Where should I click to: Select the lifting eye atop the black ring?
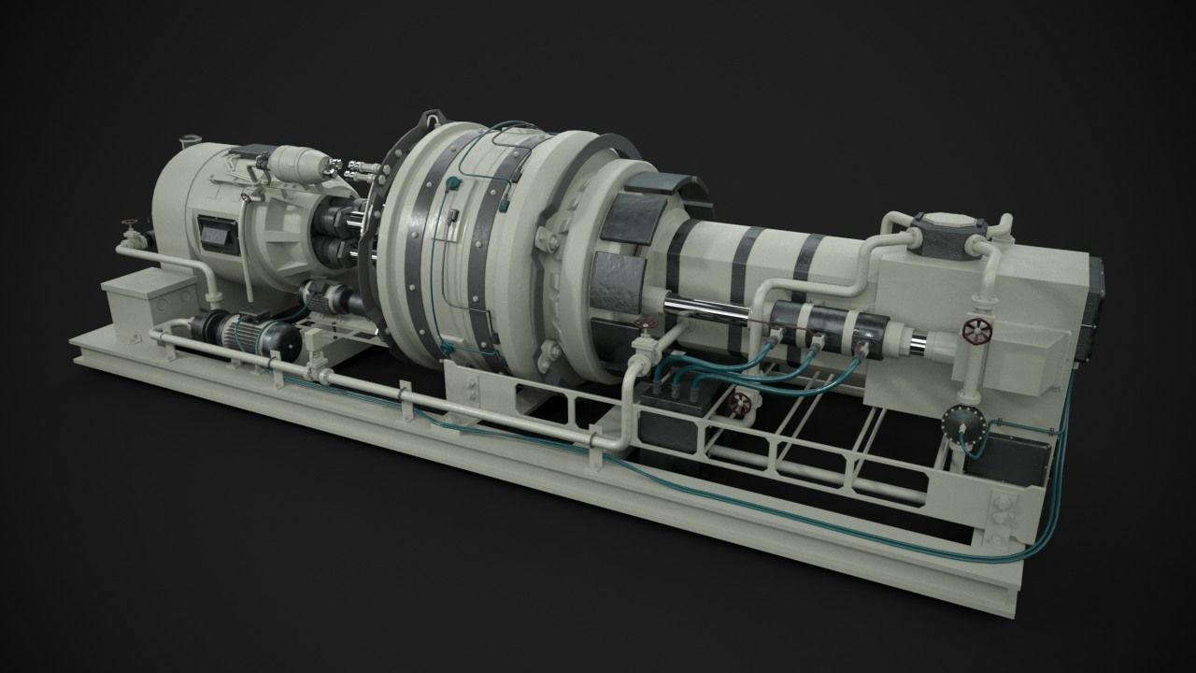[432, 120]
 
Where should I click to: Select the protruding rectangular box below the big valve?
[1026, 363]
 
